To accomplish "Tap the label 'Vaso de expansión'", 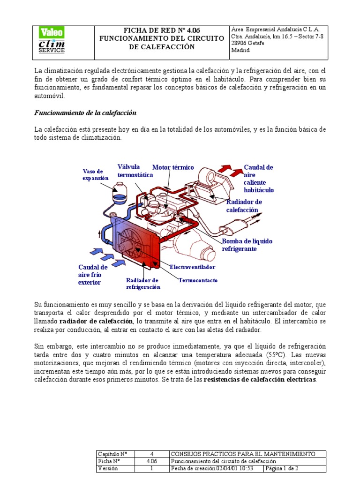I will click(x=96, y=174).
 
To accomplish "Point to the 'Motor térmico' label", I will click(x=173, y=167).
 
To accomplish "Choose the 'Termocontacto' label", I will click(x=198, y=280).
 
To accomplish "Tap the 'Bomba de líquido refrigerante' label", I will click(x=247, y=245).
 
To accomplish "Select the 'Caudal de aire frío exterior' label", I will click(x=93, y=275).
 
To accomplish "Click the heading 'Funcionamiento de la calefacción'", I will click(x=85, y=113).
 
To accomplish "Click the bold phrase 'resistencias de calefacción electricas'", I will click(x=260, y=379).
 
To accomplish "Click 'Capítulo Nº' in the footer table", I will click(x=112, y=454).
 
